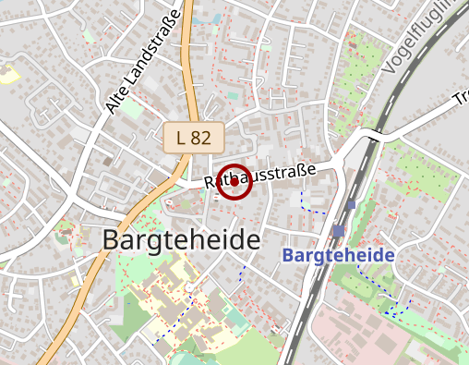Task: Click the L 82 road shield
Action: pyautogui.click(x=193, y=138)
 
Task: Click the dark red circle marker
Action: pyautogui.click(x=234, y=182)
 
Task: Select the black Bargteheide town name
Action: pyautogui.click(x=180, y=240)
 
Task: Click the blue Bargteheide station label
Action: pyautogui.click(x=339, y=255)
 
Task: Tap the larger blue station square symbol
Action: pyautogui.click(x=340, y=231)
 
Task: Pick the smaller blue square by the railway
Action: pyautogui.click(x=352, y=203)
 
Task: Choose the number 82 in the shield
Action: pyautogui.click(x=201, y=138)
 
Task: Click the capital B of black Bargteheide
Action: pyautogui.click(x=110, y=241)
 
